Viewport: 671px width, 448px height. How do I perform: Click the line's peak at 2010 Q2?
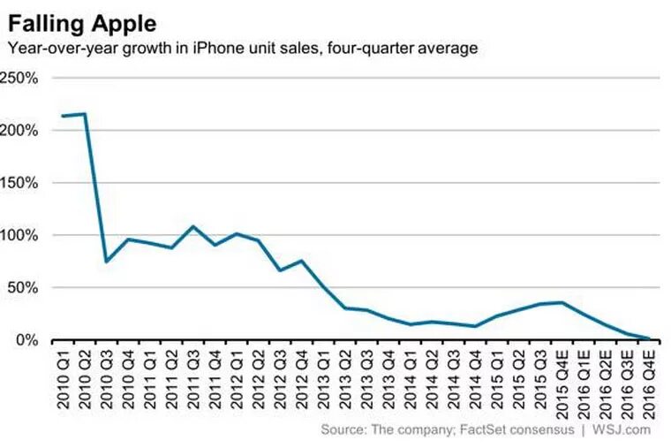click(x=84, y=114)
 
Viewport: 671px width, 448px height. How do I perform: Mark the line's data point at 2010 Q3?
click(x=106, y=262)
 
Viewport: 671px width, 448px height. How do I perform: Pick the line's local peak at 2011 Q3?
click(x=193, y=226)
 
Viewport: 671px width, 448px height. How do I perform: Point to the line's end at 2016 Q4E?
click(x=650, y=339)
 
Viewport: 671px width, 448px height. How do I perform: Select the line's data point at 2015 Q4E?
click(x=562, y=302)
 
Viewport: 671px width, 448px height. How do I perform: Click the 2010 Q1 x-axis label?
click(x=63, y=376)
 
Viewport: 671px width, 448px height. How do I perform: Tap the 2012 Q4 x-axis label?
click(x=302, y=376)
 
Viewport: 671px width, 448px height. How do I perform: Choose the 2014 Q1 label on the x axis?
click(x=411, y=376)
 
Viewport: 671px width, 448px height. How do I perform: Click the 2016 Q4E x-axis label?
click(x=650, y=378)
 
